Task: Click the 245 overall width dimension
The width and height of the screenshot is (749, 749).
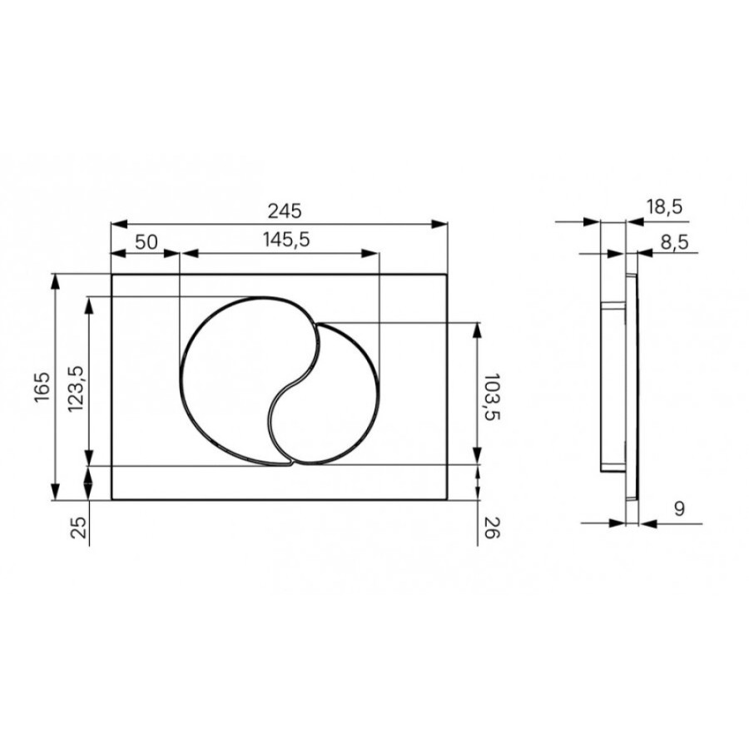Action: tap(285, 211)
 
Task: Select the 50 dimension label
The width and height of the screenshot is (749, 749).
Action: tap(146, 242)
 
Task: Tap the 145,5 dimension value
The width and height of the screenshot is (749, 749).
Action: tap(286, 240)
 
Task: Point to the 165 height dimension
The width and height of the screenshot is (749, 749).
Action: tap(42, 387)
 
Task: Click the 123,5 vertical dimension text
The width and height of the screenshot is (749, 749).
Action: tap(77, 389)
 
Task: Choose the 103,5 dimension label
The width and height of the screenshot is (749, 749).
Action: tap(492, 396)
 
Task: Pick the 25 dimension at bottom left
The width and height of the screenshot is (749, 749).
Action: tap(79, 528)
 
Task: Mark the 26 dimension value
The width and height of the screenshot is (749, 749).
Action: tap(492, 528)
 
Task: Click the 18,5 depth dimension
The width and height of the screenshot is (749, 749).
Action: tap(664, 207)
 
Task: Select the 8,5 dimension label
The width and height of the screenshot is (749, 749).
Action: tap(674, 242)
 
